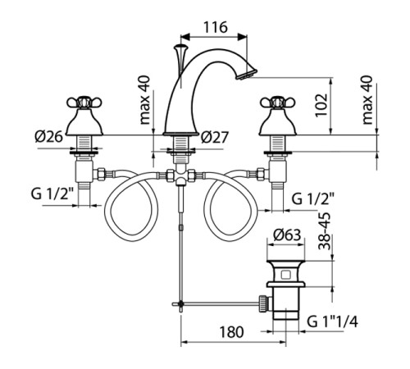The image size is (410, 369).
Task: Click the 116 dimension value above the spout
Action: click(216, 27)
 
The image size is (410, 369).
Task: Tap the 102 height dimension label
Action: click(321, 105)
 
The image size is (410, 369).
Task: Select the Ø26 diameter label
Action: click(49, 136)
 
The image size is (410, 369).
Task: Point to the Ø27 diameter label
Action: click(215, 137)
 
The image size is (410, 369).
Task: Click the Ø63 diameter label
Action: click(287, 235)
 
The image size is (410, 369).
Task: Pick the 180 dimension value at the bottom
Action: click(231, 332)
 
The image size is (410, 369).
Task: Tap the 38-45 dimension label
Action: click(325, 231)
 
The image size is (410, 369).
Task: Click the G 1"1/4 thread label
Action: click(332, 321)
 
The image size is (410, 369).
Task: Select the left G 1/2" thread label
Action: click(52, 194)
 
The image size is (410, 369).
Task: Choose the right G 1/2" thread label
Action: click(313, 198)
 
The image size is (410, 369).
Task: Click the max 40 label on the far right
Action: click(367, 100)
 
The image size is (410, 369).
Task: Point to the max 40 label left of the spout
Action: click(145, 100)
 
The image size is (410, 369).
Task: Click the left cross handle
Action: click(84, 102)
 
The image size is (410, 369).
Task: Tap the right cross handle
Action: click(278, 102)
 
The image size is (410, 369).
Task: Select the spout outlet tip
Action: click(246, 74)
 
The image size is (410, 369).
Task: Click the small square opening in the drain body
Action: click(286, 274)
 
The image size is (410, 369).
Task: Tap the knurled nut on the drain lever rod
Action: click(262, 303)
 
